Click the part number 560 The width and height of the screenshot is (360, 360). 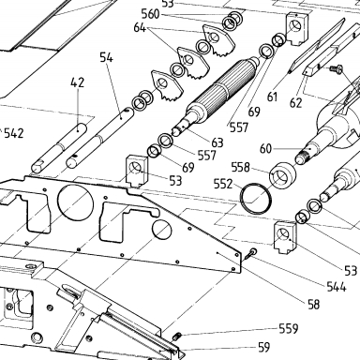tap(150, 14)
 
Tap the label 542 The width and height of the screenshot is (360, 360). tap(14, 133)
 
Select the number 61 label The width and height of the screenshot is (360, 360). tap(272, 97)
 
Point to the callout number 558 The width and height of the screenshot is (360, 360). tap(241, 168)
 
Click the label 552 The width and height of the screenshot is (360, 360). tap(223, 184)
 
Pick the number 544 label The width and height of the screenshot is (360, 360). tap(337, 286)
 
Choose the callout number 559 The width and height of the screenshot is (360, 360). tap(289, 328)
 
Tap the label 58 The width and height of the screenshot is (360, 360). tap(314, 304)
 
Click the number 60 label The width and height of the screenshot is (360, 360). tap(266, 149)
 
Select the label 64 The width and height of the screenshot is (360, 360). tap(140, 27)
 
